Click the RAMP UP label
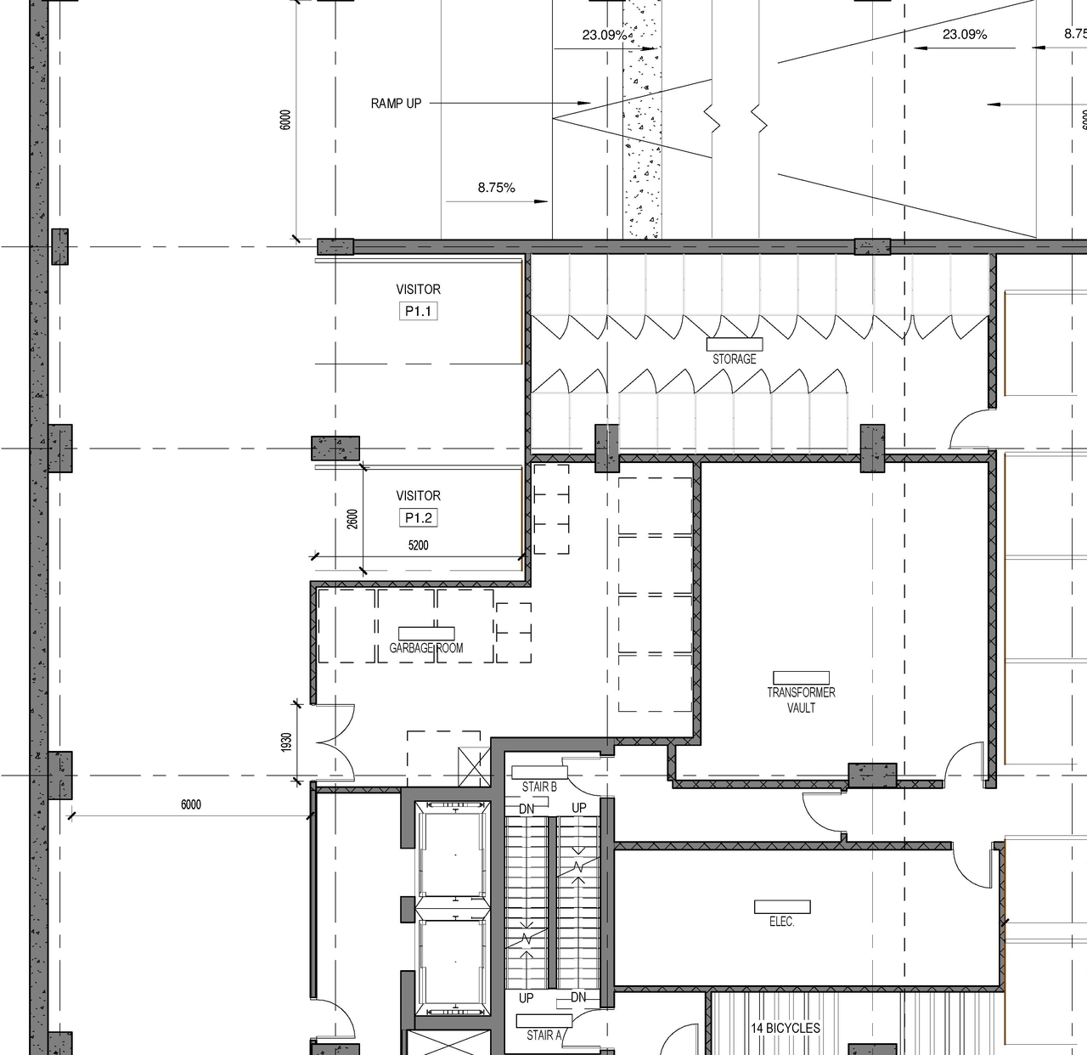396,104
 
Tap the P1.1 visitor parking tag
418,312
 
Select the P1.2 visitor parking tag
418,518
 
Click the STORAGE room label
734,358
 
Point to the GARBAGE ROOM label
426,648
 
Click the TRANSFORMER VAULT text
801,700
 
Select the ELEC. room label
781,922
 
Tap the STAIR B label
539,787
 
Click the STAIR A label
544,1035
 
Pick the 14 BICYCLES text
785,1028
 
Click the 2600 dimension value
352,518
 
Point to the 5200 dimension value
418,545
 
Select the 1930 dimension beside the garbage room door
287,742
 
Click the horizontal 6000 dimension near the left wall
191,804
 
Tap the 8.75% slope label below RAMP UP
496,188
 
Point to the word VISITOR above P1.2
418,495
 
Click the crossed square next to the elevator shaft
473,767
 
